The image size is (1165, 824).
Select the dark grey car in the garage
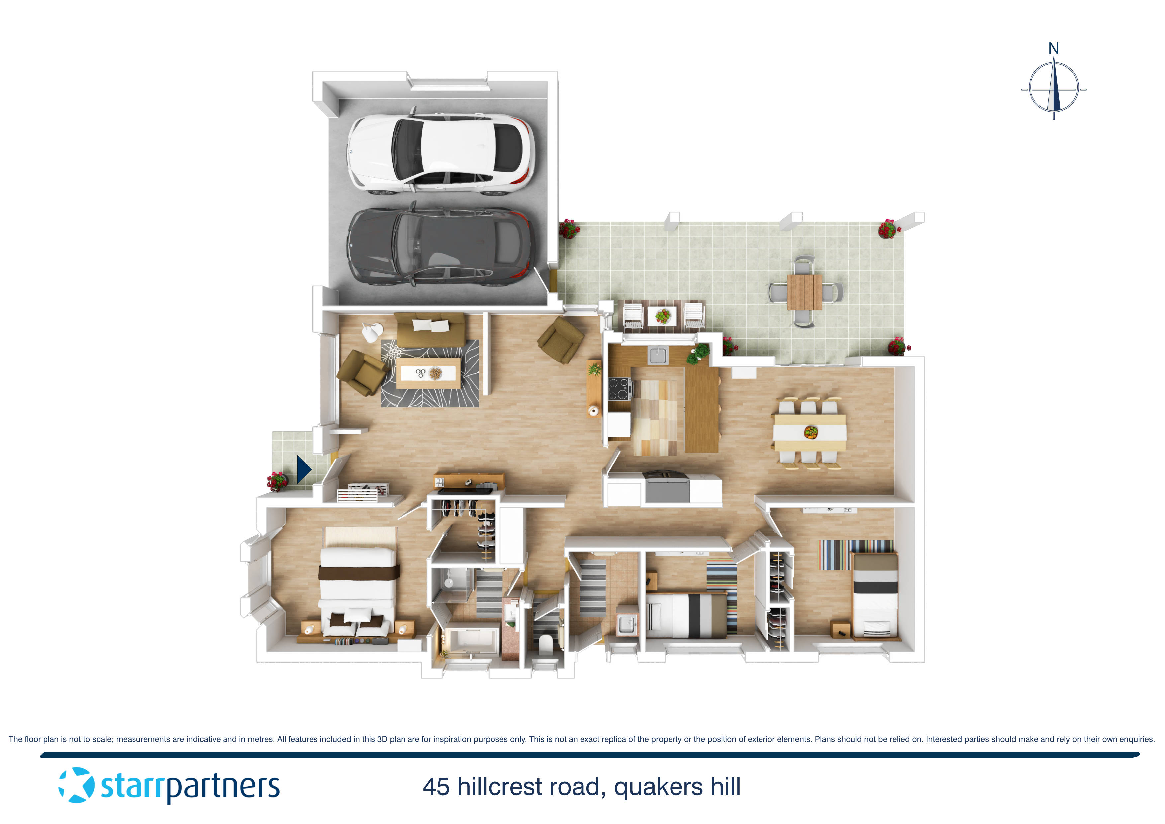439,247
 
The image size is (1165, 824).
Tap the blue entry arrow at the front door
303,469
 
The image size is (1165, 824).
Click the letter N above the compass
1053,49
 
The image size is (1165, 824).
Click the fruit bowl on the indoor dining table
811,433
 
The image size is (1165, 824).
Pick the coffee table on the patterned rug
428,373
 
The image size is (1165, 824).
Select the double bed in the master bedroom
358,584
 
